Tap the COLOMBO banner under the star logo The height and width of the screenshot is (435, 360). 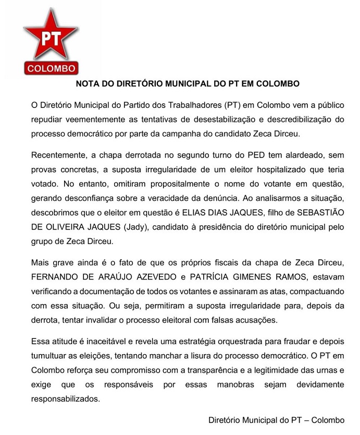click(51, 68)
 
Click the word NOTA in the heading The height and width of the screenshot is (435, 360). click(88, 83)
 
